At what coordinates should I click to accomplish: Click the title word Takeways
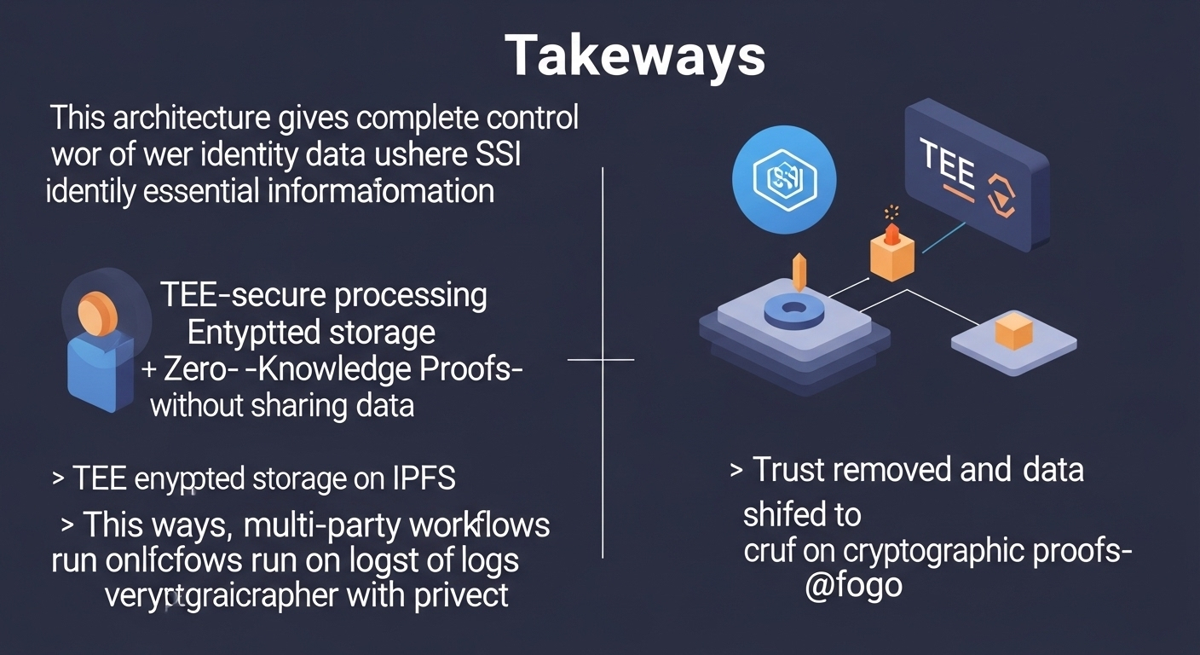coord(635,57)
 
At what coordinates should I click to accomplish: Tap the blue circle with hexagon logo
coord(784,180)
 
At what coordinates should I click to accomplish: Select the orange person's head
coord(98,313)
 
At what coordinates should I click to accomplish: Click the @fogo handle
coord(853,587)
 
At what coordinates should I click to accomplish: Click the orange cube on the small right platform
coord(1014,332)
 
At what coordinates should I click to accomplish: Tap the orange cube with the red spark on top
coord(891,253)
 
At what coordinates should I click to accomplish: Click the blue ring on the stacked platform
coord(793,310)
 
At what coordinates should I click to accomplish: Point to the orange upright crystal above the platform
coord(799,271)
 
